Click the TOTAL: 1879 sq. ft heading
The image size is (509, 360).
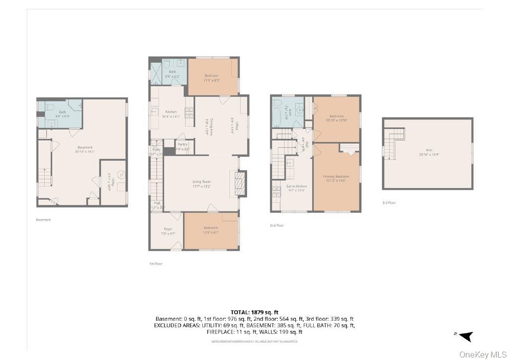point(254,312)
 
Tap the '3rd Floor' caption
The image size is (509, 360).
point(389,202)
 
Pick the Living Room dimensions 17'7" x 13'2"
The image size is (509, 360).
point(202,187)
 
